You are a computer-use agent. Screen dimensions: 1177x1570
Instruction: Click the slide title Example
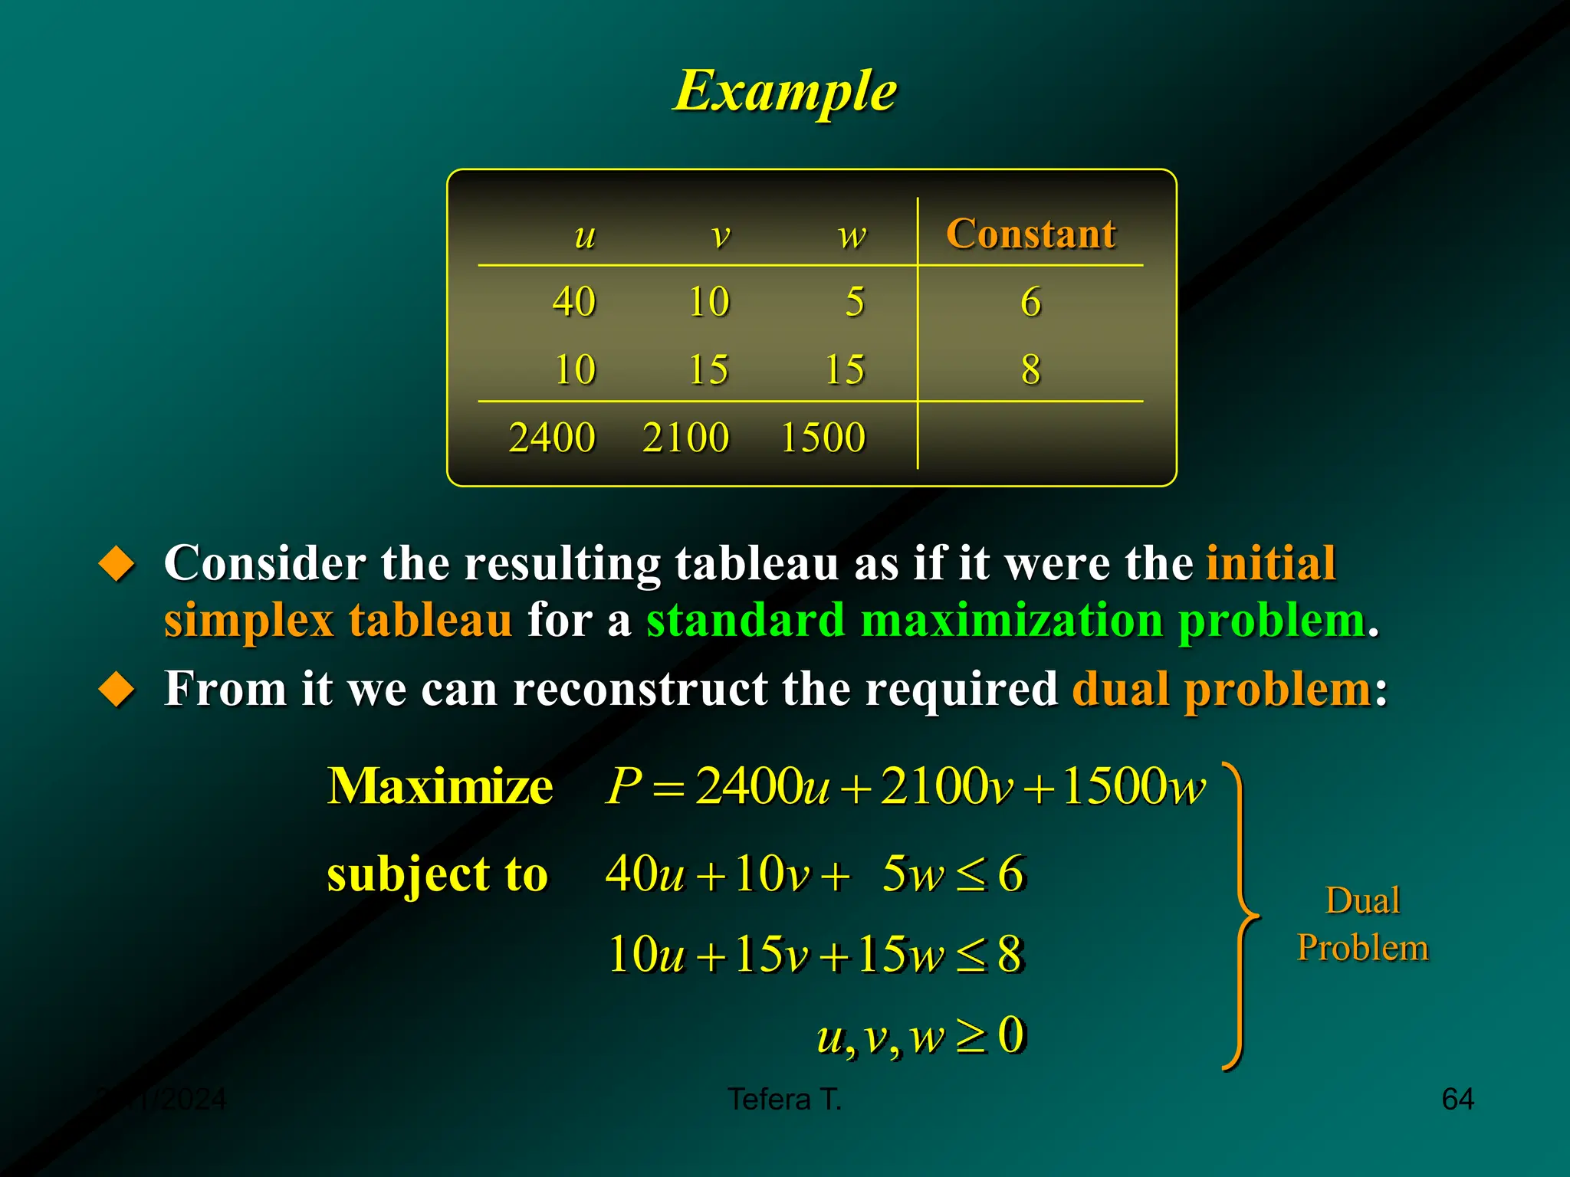click(785, 91)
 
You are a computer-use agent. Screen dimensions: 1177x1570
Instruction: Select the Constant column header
click(1030, 234)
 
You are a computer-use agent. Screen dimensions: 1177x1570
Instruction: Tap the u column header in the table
click(585, 235)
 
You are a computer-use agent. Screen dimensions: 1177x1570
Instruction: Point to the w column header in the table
click(852, 235)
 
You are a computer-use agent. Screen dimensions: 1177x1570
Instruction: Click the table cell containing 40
click(574, 301)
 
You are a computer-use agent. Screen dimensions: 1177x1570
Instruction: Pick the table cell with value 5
click(855, 301)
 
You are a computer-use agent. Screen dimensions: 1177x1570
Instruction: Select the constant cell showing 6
click(1030, 301)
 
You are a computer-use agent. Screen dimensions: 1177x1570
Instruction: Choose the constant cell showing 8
click(1030, 369)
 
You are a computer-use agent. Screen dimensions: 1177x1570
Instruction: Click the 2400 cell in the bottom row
click(552, 438)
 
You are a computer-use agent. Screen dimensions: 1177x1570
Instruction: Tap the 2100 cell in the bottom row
click(685, 438)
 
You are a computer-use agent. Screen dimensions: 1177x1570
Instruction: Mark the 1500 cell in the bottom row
click(823, 438)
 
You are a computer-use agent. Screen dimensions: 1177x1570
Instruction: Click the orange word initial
click(1271, 563)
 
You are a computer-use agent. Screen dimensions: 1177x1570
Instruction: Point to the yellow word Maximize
click(439, 786)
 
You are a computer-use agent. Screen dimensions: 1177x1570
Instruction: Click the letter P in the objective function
click(622, 786)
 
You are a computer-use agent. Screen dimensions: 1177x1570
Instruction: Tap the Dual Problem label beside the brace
click(1362, 924)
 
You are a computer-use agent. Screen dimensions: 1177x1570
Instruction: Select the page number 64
click(1457, 1100)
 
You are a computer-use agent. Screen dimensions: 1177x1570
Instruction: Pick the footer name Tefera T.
click(784, 1100)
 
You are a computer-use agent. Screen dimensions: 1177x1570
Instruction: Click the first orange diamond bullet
click(117, 564)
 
